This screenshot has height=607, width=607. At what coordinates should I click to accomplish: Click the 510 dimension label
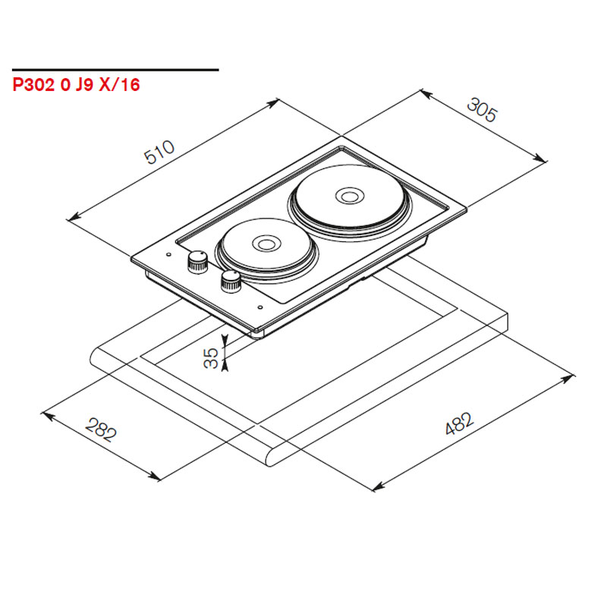(x=159, y=152)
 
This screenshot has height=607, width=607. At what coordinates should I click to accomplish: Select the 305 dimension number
(x=481, y=110)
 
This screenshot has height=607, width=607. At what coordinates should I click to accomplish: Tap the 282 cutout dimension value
(x=101, y=429)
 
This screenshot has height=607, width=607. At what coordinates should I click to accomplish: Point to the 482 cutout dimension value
(x=459, y=423)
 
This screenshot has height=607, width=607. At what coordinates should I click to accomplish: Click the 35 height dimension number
(x=211, y=357)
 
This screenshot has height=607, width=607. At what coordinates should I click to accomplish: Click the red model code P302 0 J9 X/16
(x=77, y=85)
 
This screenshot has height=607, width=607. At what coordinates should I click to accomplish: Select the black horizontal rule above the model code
(x=115, y=70)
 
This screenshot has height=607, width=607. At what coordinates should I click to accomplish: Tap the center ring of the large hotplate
(x=349, y=196)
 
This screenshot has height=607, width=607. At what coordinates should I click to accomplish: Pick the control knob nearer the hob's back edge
(x=197, y=262)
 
